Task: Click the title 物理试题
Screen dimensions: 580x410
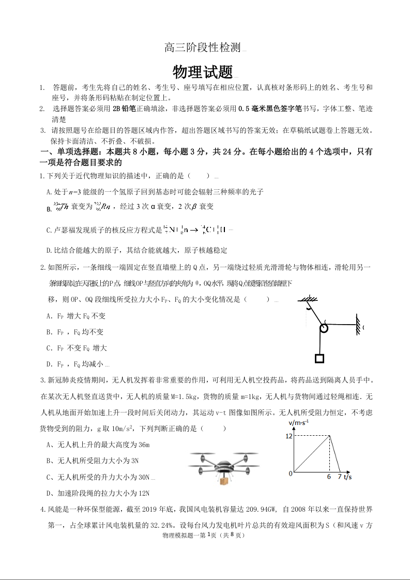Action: [x=203, y=71]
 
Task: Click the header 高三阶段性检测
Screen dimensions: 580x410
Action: [x=203, y=48]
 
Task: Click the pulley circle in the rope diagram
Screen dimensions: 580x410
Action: [x=324, y=328]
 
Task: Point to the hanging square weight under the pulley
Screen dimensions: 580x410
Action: [x=320, y=358]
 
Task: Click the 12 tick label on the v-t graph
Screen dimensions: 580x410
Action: [x=289, y=436]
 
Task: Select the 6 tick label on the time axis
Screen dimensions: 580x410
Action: [x=329, y=477]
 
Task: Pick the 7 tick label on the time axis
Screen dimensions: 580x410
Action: [x=340, y=477]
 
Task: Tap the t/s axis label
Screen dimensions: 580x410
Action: [x=347, y=477]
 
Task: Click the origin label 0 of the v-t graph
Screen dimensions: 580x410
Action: [x=291, y=473]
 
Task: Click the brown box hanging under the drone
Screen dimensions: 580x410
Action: [x=223, y=481]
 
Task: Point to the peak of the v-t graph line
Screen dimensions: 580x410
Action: [x=330, y=436]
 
